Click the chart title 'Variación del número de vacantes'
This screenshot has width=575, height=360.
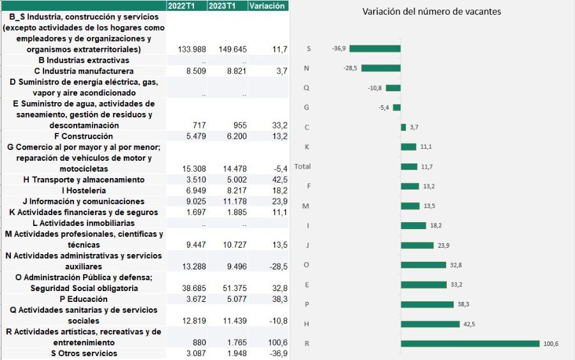[x=431, y=11]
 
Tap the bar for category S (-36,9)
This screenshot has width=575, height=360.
[x=375, y=49]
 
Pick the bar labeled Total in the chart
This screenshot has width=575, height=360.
[x=409, y=167]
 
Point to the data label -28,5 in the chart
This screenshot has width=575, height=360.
[x=350, y=68]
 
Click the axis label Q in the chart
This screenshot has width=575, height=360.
[x=307, y=88]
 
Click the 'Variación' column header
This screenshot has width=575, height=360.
[x=267, y=6]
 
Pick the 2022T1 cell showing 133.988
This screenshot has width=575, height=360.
[x=189, y=49]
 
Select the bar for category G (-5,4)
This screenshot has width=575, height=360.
[x=396, y=108]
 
